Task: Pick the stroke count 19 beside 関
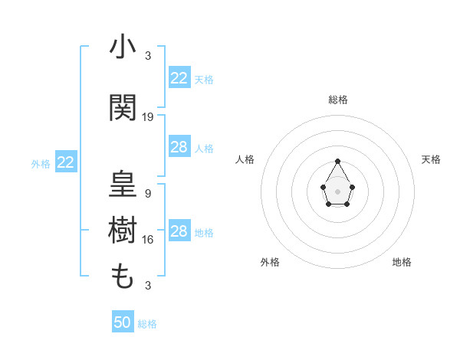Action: click(x=148, y=117)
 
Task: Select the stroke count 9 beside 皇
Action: click(x=148, y=194)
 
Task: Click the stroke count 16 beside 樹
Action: click(x=148, y=240)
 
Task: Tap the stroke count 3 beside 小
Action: click(x=148, y=56)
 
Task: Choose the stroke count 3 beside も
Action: click(x=148, y=286)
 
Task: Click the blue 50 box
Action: click(x=123, y=322)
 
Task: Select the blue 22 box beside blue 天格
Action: click(x=179, y=78)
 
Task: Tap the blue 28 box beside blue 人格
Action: click(x=179, y=147)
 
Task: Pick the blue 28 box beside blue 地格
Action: click(x=179, y=231)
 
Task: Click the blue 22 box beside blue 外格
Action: click(x=65, y=162)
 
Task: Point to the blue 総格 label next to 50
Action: click(x=147, y=324)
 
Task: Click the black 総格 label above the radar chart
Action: click(x=338, y=100)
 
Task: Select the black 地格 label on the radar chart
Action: click(x=402, y=262)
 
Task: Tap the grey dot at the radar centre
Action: click(x=337, y=191)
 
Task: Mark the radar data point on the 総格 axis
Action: click(x=337, y=161)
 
